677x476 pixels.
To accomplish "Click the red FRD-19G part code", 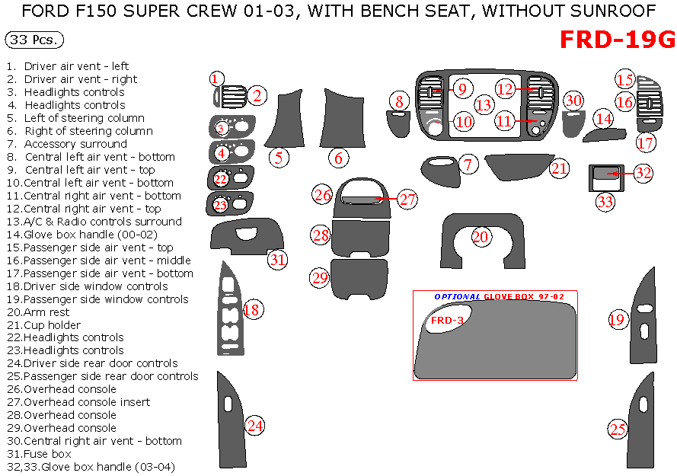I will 617,40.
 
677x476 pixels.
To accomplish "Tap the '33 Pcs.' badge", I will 34,40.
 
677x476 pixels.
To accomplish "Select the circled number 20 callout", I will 480,237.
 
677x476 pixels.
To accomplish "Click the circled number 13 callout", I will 484,105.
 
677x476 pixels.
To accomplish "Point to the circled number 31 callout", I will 278,259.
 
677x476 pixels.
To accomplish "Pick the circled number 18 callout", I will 252,309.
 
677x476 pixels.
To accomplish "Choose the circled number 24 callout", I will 254,426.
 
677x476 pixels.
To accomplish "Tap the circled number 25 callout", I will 617,430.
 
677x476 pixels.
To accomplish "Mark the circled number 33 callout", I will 605,202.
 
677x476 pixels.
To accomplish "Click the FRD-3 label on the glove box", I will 447,321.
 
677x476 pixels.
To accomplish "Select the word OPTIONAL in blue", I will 458,297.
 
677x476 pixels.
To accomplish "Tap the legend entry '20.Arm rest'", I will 47,311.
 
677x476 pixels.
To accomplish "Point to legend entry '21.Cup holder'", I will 53,324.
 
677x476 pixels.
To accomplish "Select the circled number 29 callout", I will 319,277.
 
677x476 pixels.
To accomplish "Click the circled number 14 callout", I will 604,119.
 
